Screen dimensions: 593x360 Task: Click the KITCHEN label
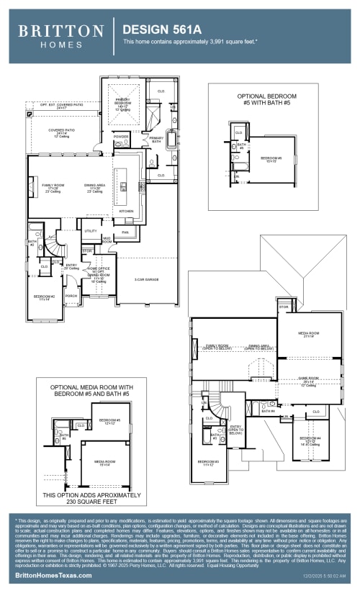[126, 211]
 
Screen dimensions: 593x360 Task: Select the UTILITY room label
[91, 230]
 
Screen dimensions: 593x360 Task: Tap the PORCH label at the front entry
[71, 295]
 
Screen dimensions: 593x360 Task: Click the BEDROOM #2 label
[44, 296]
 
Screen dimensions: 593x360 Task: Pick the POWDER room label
[121, 135]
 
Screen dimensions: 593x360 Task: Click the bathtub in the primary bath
[171, 139]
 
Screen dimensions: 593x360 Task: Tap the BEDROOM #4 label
[310, 438]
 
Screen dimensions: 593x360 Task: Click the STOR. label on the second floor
[284, 307]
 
